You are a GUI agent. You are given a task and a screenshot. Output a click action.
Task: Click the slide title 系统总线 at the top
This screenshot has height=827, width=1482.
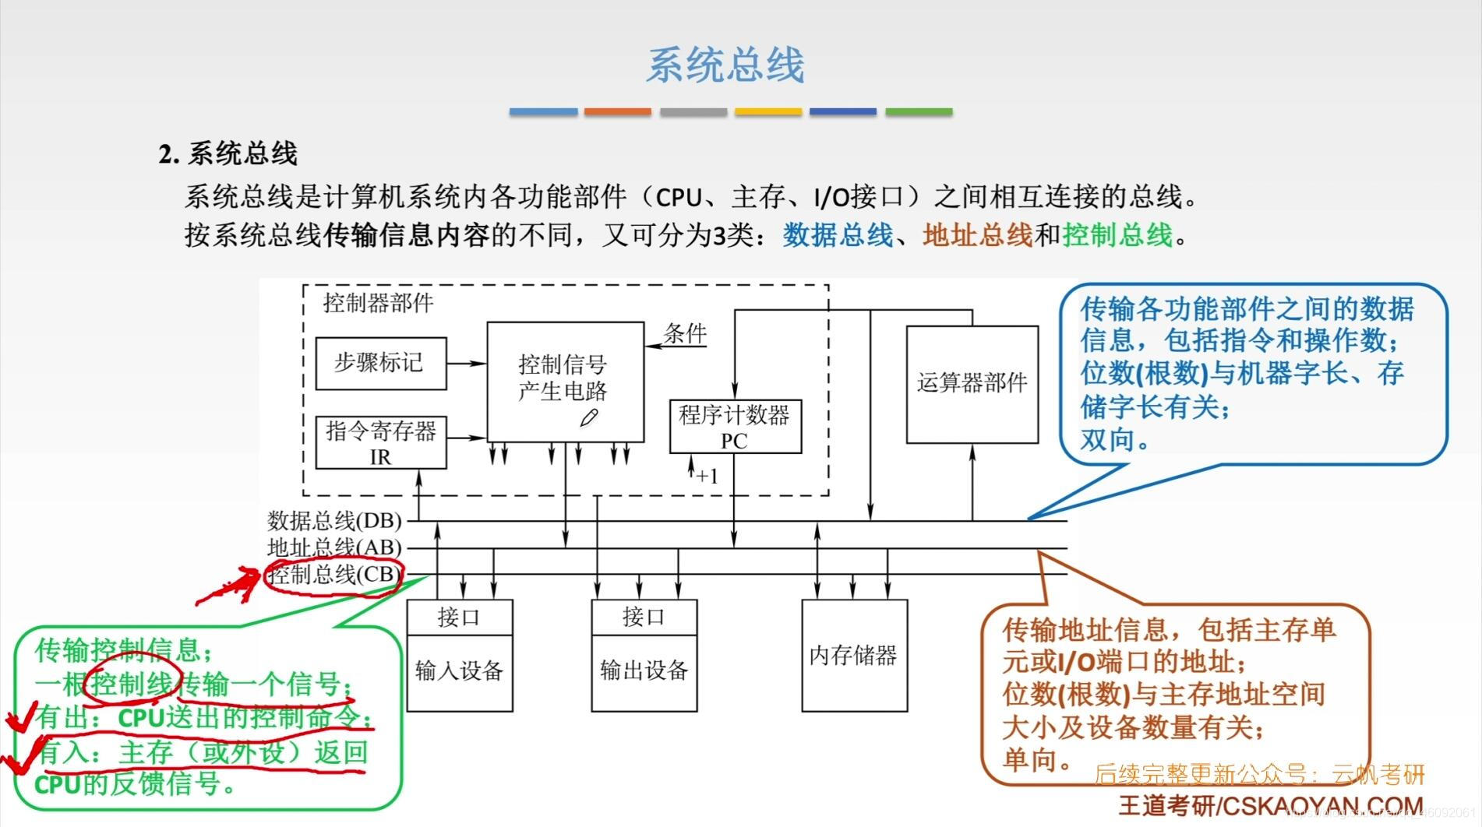click(725, 65)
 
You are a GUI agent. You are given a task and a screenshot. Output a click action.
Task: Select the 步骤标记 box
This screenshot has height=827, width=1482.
click(380, 363)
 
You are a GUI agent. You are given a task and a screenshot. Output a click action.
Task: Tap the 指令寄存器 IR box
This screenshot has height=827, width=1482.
click(380, 442)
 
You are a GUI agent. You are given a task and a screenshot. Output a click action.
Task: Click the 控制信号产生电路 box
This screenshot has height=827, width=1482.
click(565, 382)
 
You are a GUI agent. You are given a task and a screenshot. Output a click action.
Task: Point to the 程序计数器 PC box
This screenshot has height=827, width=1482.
click(735, 426)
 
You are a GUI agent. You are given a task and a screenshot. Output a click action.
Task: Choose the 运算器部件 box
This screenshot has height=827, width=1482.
click(972, 384)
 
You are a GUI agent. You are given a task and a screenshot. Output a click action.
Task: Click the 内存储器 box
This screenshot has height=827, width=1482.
click(854, 655)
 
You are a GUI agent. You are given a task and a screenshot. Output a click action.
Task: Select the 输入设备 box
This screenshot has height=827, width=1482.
click(459, 672)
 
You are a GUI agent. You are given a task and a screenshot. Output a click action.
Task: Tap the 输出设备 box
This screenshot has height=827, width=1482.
click(644, 672)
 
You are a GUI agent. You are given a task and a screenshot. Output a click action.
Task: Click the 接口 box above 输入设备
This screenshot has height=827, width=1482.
click(459, 618)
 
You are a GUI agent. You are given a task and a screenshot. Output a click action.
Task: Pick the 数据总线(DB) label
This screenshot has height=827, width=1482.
click(334, 520)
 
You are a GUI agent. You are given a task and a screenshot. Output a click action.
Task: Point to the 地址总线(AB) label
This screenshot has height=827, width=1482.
click(334, 547)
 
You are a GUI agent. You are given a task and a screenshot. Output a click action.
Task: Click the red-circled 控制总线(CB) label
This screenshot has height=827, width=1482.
click(334, 575)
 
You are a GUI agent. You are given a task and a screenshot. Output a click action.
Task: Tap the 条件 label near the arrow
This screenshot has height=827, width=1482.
click(685, 334)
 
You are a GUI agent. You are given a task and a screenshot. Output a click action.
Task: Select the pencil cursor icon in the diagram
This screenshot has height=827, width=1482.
click(589, 418)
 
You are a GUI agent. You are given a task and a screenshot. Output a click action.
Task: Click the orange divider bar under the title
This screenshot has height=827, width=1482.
click(617, 112)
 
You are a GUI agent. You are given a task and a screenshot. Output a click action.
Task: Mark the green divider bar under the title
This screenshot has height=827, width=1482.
click(919, 112)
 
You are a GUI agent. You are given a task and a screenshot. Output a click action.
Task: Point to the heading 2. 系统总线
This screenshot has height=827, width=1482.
click(228, 153)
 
